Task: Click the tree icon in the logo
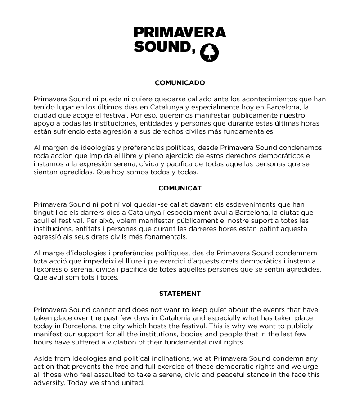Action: click(x=209, y=53)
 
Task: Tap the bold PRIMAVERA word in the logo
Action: click(x=180, y=32)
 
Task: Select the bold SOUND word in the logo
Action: click(x=164, y=47)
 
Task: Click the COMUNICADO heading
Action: click(x=180, y=83)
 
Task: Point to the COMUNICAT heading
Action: click(x=180, y=188)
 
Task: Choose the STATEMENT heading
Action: click(x=180, y=294)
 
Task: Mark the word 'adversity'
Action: click(x=49, y=383)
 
